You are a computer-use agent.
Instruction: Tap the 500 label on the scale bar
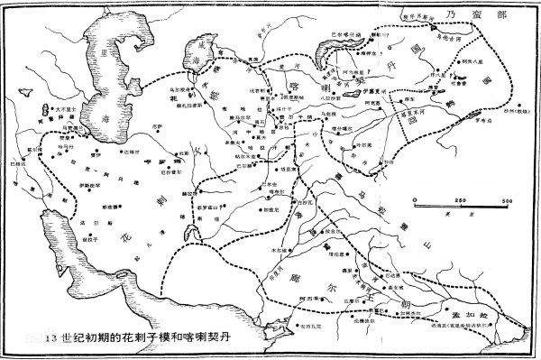click(x=507, y=200)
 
